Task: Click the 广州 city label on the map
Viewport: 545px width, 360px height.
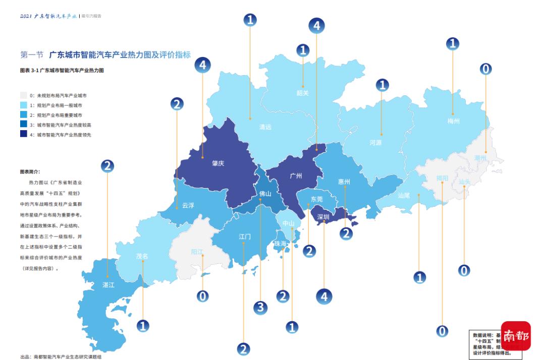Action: coord(296,176)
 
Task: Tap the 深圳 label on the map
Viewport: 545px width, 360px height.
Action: coord(323,217)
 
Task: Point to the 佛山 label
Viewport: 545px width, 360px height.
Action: coord(265,193)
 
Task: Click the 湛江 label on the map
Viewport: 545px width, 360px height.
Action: coord(108,285)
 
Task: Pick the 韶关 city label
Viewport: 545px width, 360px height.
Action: coord(302,93)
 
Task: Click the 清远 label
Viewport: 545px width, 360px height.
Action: coord(265,127)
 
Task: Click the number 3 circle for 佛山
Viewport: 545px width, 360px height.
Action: coord(260,308)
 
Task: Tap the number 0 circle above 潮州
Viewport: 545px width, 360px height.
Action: coord(485,69)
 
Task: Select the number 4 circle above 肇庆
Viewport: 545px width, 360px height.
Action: coord(202,65)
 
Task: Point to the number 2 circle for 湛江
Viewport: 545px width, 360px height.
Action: coord(107,166)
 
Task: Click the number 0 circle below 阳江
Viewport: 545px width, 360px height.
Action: coord(202,296)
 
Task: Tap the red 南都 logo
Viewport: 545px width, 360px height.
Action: coord(515,336)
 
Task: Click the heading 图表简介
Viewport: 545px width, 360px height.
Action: coord(30,171)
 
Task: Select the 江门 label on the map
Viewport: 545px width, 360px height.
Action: coord(245,236)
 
